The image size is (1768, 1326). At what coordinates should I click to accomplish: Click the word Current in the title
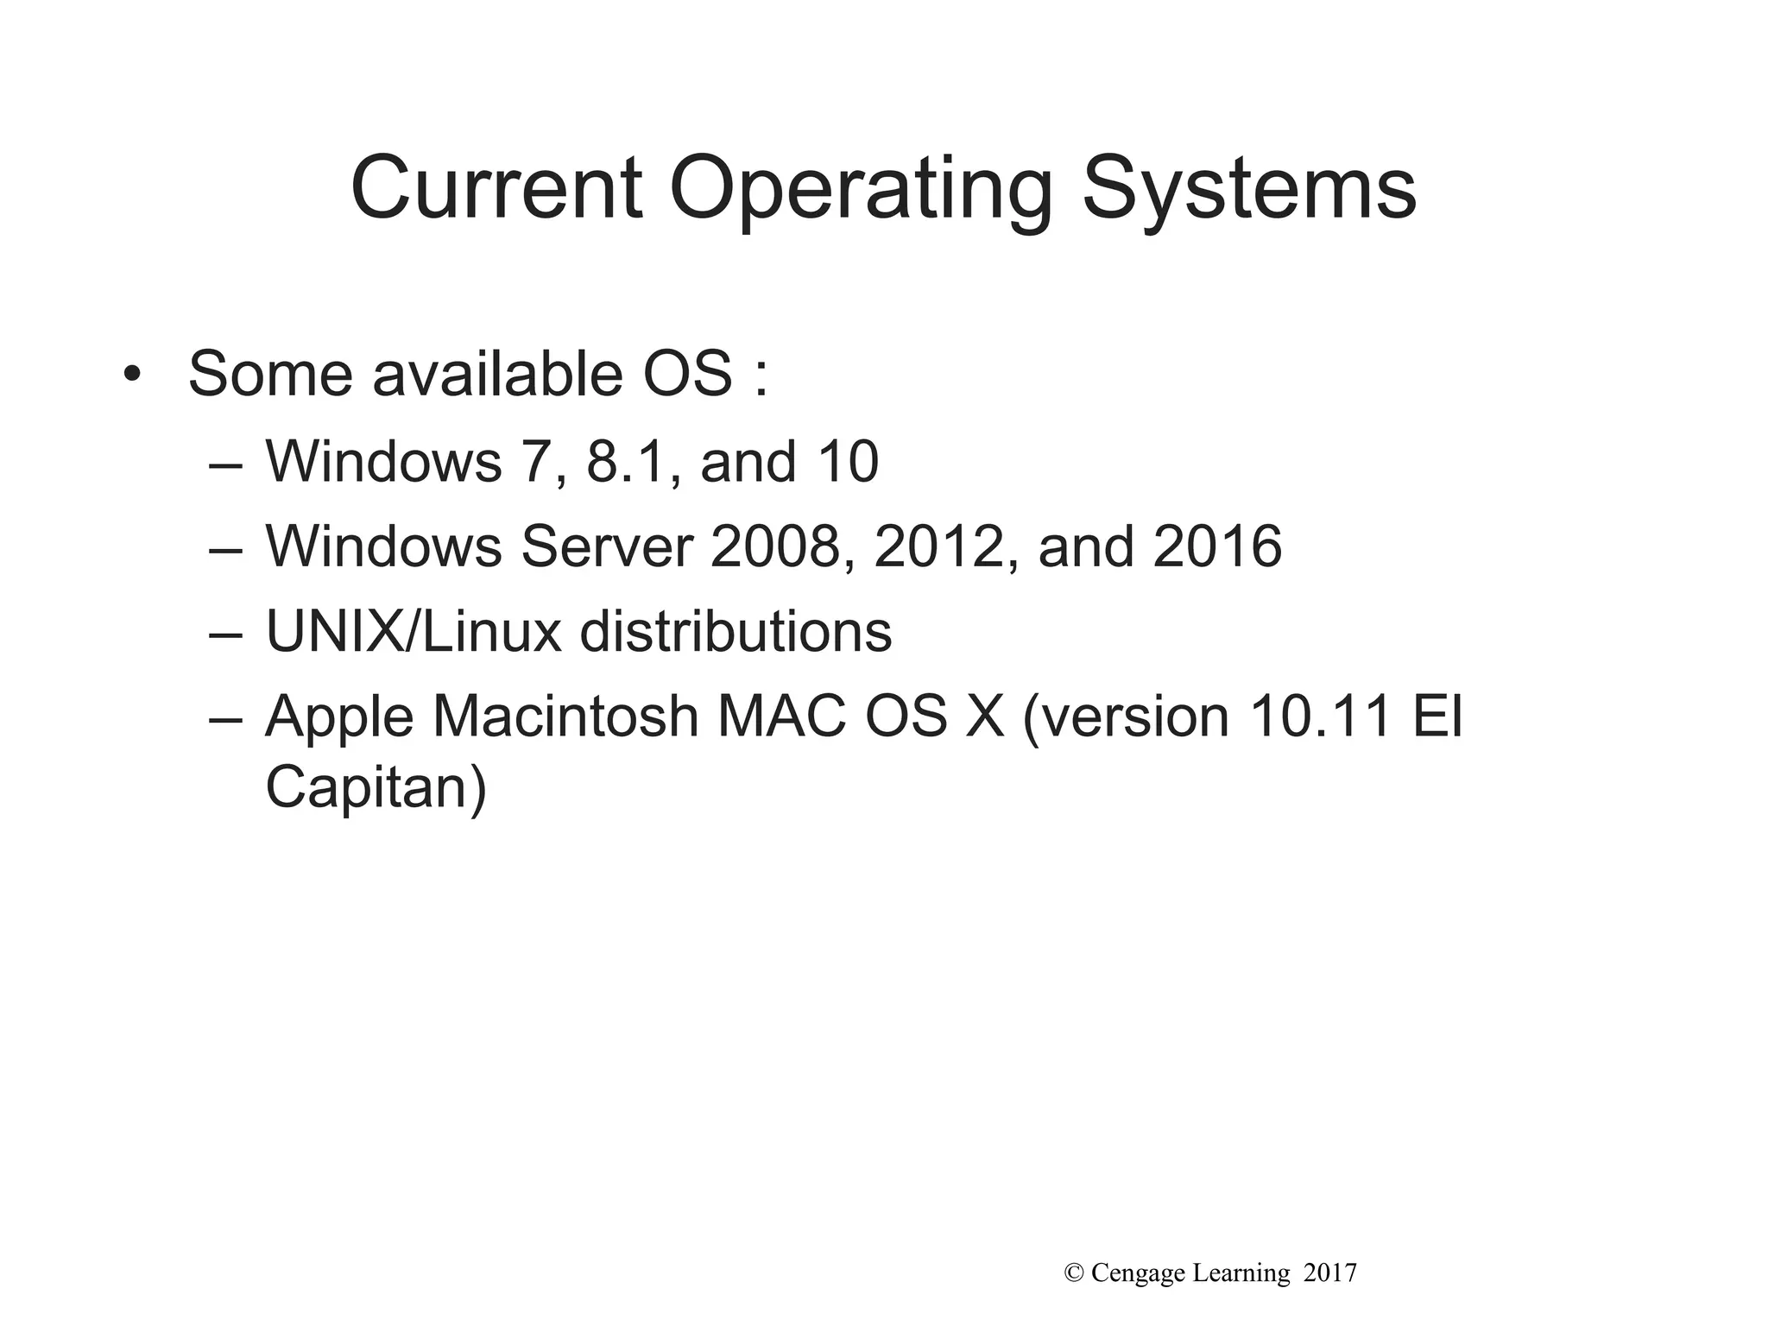(496, 188)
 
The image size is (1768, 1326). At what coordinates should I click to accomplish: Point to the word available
(497, 375)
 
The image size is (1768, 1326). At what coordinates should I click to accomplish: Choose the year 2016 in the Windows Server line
(1217, 546)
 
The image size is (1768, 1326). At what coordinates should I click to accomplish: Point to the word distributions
(736, 632)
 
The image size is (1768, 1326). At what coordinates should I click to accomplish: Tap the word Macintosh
(565, 717)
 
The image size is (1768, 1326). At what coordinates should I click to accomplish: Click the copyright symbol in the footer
(1075, 1273)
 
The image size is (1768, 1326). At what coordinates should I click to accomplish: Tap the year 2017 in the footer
(1330, 1273)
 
